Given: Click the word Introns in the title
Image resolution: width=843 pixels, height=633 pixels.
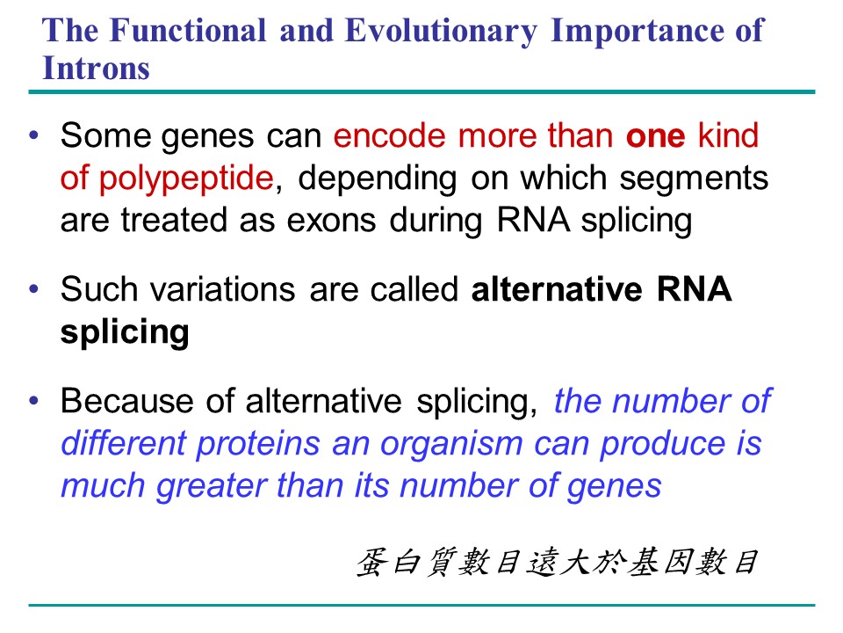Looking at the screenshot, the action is (x=97, y=69).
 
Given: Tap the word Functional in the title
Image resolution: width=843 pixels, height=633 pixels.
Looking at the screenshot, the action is (x=188, y=30).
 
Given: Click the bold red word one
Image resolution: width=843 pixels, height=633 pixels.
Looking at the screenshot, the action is (x=655, y=135).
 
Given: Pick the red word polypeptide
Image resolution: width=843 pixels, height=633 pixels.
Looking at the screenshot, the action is (x=186, y=178).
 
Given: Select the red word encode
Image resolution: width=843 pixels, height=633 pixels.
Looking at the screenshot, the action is (x=389, y=135).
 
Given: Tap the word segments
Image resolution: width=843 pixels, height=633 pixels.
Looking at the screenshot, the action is (x=694, y=179).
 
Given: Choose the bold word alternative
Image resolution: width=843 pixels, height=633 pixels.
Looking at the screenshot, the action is (x=557, y=289).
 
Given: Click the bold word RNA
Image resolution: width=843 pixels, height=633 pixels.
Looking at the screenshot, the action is (x=694, y=289).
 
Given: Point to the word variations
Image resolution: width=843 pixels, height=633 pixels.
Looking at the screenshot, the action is (x=222, y=289).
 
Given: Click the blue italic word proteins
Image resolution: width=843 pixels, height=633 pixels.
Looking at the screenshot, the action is (x=258, y=445).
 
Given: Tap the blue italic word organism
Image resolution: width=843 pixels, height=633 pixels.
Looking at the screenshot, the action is (x=451, y=446).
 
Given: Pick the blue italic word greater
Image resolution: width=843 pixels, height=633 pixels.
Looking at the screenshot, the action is (x=211, y=487).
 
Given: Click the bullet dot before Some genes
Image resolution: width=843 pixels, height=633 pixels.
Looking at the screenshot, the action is (x=34, y=135).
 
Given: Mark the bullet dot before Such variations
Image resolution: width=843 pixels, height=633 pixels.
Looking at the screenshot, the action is (x=34, y=289).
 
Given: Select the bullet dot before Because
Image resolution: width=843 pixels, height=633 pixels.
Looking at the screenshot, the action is (x=34, y=401).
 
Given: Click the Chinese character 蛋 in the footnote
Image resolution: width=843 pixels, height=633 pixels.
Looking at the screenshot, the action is (x=372, y=562).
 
